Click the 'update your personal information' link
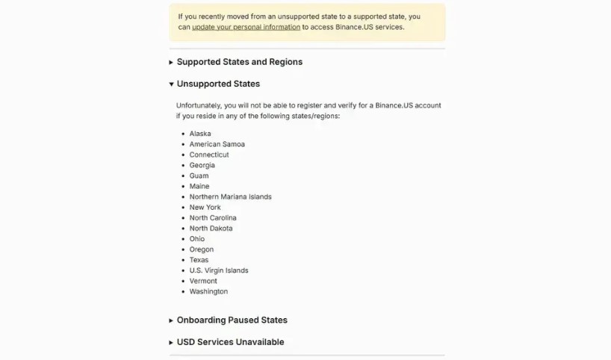pos(246,27)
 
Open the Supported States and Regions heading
pos(239,62)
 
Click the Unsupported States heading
pos(218,84)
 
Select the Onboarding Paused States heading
pos(232,320)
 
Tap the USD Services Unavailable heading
pos(230,342)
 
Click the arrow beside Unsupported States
pos(171,84)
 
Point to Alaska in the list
pos(200,134)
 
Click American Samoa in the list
pos(217,144)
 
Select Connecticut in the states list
pos(209,155)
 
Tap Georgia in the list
pos(202,165)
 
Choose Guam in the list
pos(199,176)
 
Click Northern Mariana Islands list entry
pos(230,197)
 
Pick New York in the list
pos(205,208)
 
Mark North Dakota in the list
pos(211,229)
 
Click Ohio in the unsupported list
pos(196,239)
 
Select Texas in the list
pos(199,260)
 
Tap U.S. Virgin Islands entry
pos(219,270)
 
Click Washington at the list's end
pos(208,291)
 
